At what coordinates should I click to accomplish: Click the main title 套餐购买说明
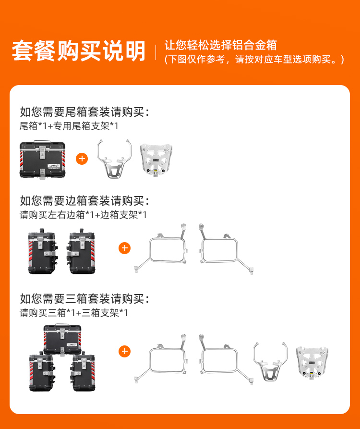tap(78, 50)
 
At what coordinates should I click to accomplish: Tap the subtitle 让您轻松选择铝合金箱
tap(221, 45)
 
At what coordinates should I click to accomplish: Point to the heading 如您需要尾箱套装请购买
tap(84, 112)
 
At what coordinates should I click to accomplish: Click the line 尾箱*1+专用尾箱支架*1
tap(69, 126)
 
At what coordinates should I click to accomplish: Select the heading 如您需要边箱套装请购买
tap(84, 201)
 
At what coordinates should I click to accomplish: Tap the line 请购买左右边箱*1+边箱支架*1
tap(83, 215)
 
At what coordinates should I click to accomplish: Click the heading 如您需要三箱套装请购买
tap(84, 299)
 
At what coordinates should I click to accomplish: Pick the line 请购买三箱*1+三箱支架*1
tap(73, 313)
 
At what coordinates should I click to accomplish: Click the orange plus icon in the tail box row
tap(82, 159)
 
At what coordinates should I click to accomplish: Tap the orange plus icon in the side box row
tap(124, 248)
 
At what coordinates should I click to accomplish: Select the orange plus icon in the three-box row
tap(124, 351)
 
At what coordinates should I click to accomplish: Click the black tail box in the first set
tap(42, 160)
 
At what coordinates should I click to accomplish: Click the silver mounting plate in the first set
tap(156, 160)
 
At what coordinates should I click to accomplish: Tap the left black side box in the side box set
tap(43, 251)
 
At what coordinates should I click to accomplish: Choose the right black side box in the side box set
tap(81, 251)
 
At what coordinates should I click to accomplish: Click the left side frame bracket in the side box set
tap(161, 248)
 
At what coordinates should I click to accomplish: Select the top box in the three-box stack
tap(62, 339)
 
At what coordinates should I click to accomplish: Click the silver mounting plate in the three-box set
tap(312, 362)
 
